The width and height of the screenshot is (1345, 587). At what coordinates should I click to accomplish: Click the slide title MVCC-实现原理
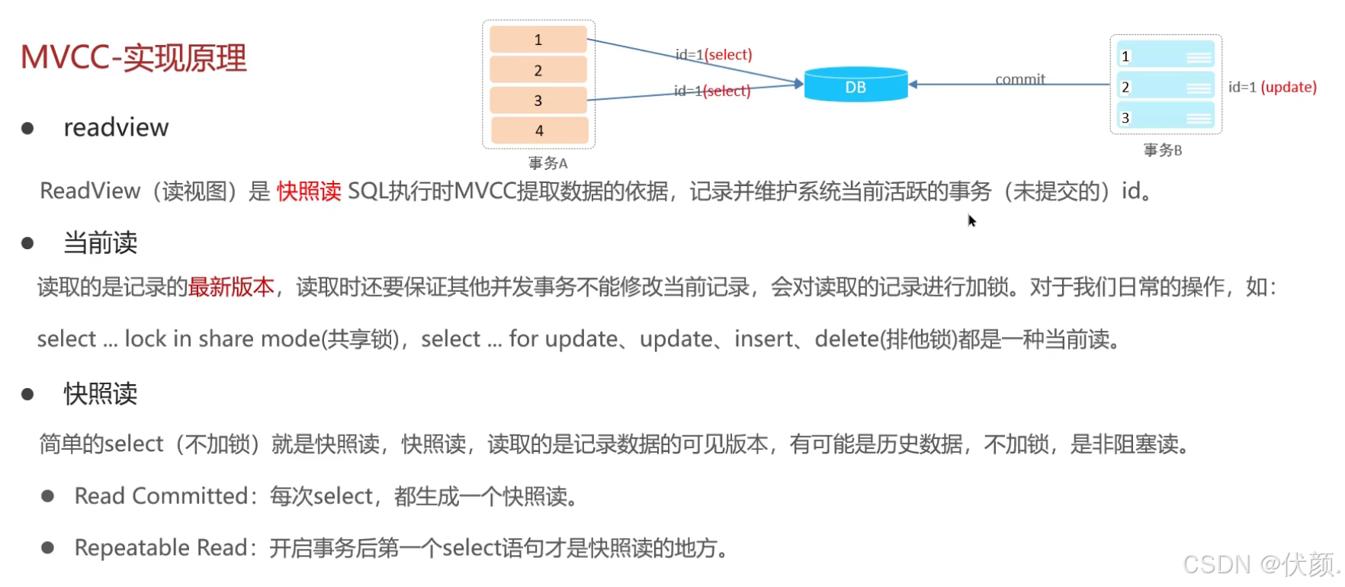[133, 58]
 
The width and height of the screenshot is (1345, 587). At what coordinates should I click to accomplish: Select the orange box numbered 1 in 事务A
[538, 40]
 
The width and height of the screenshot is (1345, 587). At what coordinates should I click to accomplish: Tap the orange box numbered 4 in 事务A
[539, 130]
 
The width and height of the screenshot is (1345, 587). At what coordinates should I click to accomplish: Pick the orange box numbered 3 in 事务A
[538, 100]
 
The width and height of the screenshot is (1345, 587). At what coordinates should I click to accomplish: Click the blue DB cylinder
[855, 85]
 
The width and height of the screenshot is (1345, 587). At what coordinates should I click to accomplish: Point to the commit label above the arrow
[1019, 79]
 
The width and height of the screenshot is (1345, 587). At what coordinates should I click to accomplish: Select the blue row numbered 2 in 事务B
[1165, 87]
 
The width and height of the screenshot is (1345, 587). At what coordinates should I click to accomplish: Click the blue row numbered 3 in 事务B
[1165, 117]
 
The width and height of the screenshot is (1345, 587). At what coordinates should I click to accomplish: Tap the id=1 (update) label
[1272, 87]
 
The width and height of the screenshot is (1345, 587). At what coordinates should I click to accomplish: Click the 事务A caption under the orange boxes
[547, 163]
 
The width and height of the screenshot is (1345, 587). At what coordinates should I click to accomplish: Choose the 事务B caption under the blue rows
[1162, 150]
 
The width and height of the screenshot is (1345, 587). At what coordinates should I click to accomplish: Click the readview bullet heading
[116, 127]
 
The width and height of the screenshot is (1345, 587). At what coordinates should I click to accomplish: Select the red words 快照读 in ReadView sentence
[309, 191]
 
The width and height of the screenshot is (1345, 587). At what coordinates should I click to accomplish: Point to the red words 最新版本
[231, 287]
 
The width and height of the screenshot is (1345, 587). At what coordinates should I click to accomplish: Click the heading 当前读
[100, 242]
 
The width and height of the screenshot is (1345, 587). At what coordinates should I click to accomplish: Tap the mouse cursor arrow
[971, 220]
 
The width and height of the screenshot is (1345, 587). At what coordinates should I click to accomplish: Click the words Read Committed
[161, 496]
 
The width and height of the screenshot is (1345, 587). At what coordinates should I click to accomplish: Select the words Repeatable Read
[161, 547]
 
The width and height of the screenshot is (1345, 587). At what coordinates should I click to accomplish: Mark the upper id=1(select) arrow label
[714, 54]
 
